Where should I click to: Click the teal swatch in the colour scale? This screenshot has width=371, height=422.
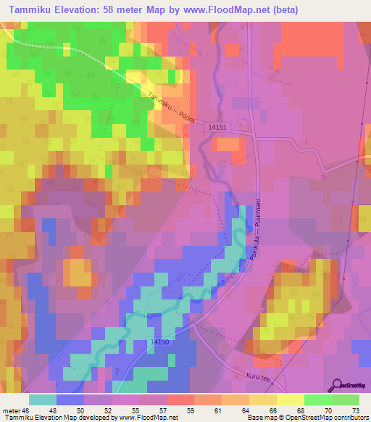coord(43,399)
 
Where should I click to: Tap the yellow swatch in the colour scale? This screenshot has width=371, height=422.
coord(290,399)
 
